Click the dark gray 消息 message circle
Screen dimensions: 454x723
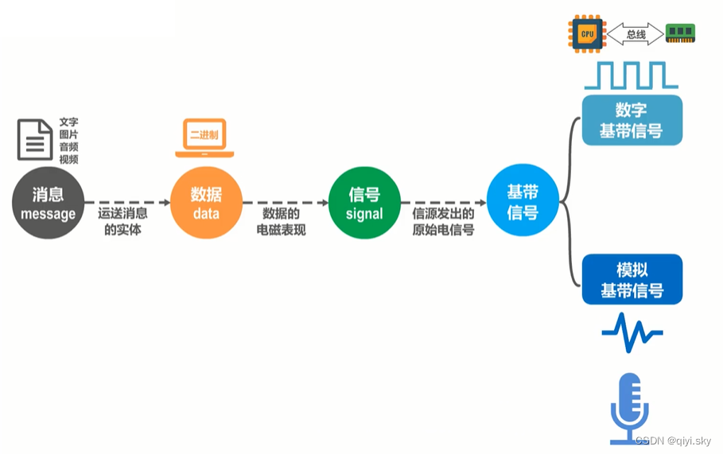(x=48, y=204)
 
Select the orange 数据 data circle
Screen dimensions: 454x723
(x=206, y=204)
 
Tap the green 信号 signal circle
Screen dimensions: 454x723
(x=364, y=204)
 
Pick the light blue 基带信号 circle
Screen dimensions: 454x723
(x=523, y=202)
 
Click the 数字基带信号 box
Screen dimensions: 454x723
(x=632, y=120)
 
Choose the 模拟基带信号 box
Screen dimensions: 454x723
(x=632, y=280)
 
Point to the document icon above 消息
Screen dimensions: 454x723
(x=35, y=139)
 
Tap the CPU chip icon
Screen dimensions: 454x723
(x=587, y=33)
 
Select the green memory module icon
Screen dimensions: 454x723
(x=681, y=33)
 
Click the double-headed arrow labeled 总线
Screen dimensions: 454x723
(x=636, y=34)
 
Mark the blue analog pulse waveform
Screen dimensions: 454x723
(x=632, y=332)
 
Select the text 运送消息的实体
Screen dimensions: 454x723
(x=122, y=222)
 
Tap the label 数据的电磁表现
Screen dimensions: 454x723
(x=281, y=222)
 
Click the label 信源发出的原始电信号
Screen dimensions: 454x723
(x=443, y=222)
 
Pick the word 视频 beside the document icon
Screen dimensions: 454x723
(x=69, y=159)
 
